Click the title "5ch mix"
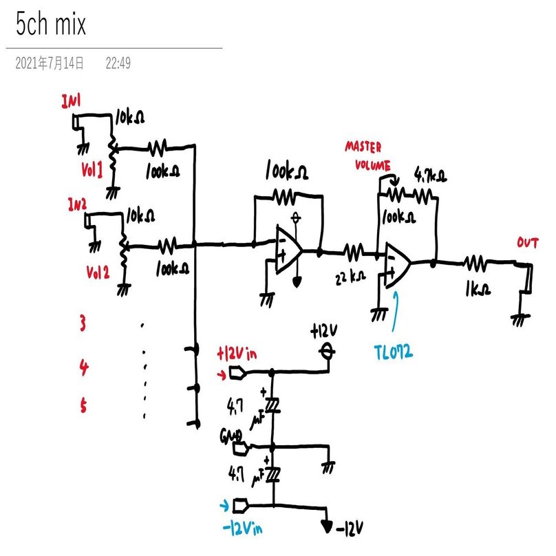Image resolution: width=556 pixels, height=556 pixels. coord(52,25)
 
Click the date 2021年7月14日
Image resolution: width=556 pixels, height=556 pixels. coord(50,64)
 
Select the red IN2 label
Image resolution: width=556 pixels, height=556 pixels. coord(77,204)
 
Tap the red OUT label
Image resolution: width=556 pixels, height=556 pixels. coord(528,244)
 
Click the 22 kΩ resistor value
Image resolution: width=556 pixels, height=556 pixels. coord(349,277)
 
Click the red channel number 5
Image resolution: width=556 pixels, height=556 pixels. coord(83,407)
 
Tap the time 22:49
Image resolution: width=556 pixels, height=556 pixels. coord(118,64)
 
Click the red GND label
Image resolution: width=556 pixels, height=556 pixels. coord(228,436)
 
